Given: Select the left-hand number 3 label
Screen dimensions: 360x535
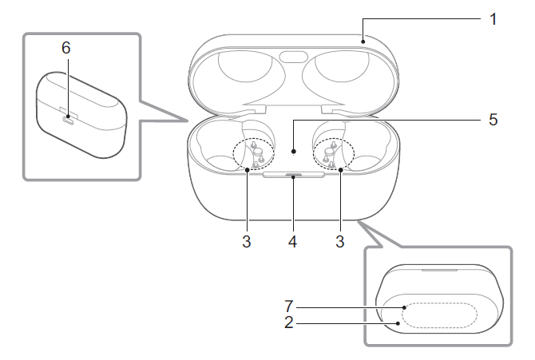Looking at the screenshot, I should click(247, 241).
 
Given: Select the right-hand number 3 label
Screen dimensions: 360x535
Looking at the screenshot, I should click(341, 241).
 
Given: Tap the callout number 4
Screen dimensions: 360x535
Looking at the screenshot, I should click(293, 241).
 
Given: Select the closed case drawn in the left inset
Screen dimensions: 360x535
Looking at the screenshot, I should click(80, 116).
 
